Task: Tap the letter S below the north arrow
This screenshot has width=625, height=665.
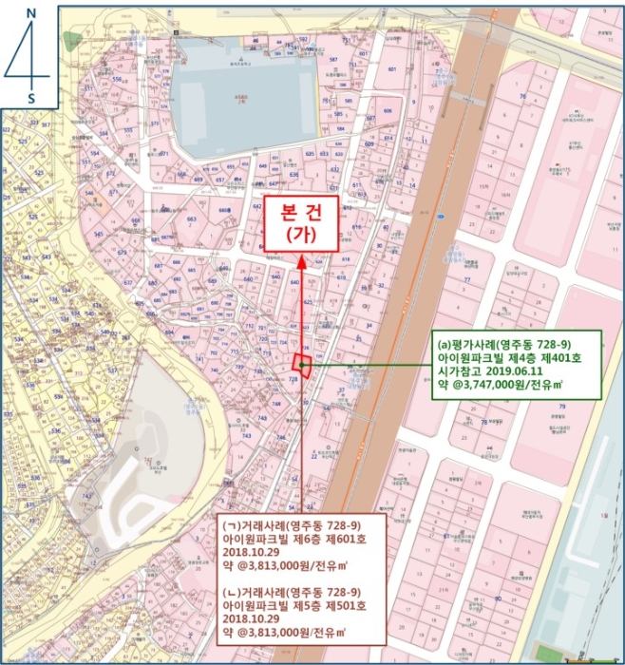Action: (x=30, y=97)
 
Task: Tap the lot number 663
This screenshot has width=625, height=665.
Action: (x=191, y=219)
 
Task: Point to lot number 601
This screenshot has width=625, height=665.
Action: (x=391, y=69)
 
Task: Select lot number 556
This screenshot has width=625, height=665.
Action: (x=117, y=80)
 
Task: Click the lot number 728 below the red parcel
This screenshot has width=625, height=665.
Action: (x=293, y=380)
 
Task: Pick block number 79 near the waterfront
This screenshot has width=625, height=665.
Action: (x=561, y=407)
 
